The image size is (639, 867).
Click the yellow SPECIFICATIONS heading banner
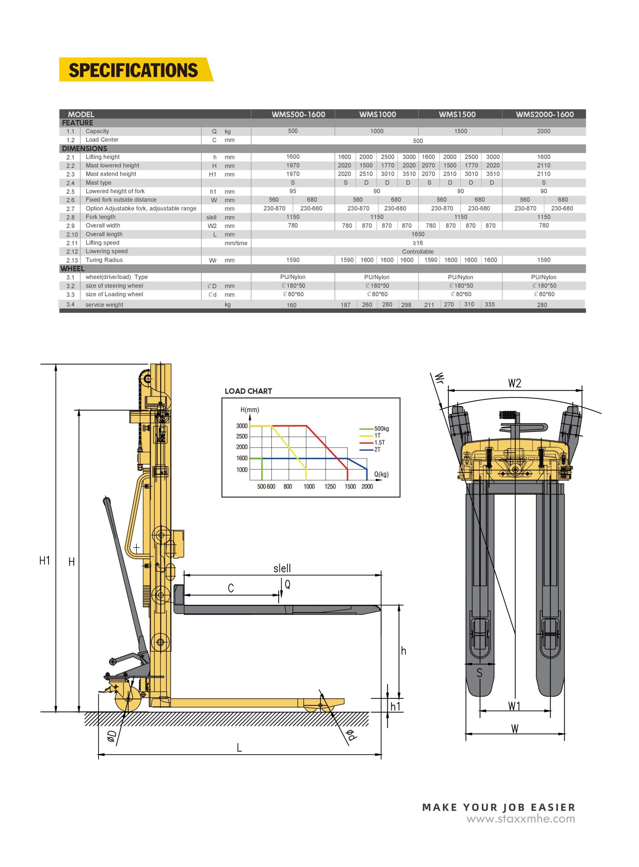pos(136,70)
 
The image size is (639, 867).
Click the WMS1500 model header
pos(457,114)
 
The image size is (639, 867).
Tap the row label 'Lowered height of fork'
pos(115,191)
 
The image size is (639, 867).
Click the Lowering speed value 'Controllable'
pos(418,252)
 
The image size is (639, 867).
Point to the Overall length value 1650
pos(418,234)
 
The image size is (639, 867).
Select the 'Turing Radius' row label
pos(104,260)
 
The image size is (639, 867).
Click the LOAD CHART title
pos(248,391)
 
